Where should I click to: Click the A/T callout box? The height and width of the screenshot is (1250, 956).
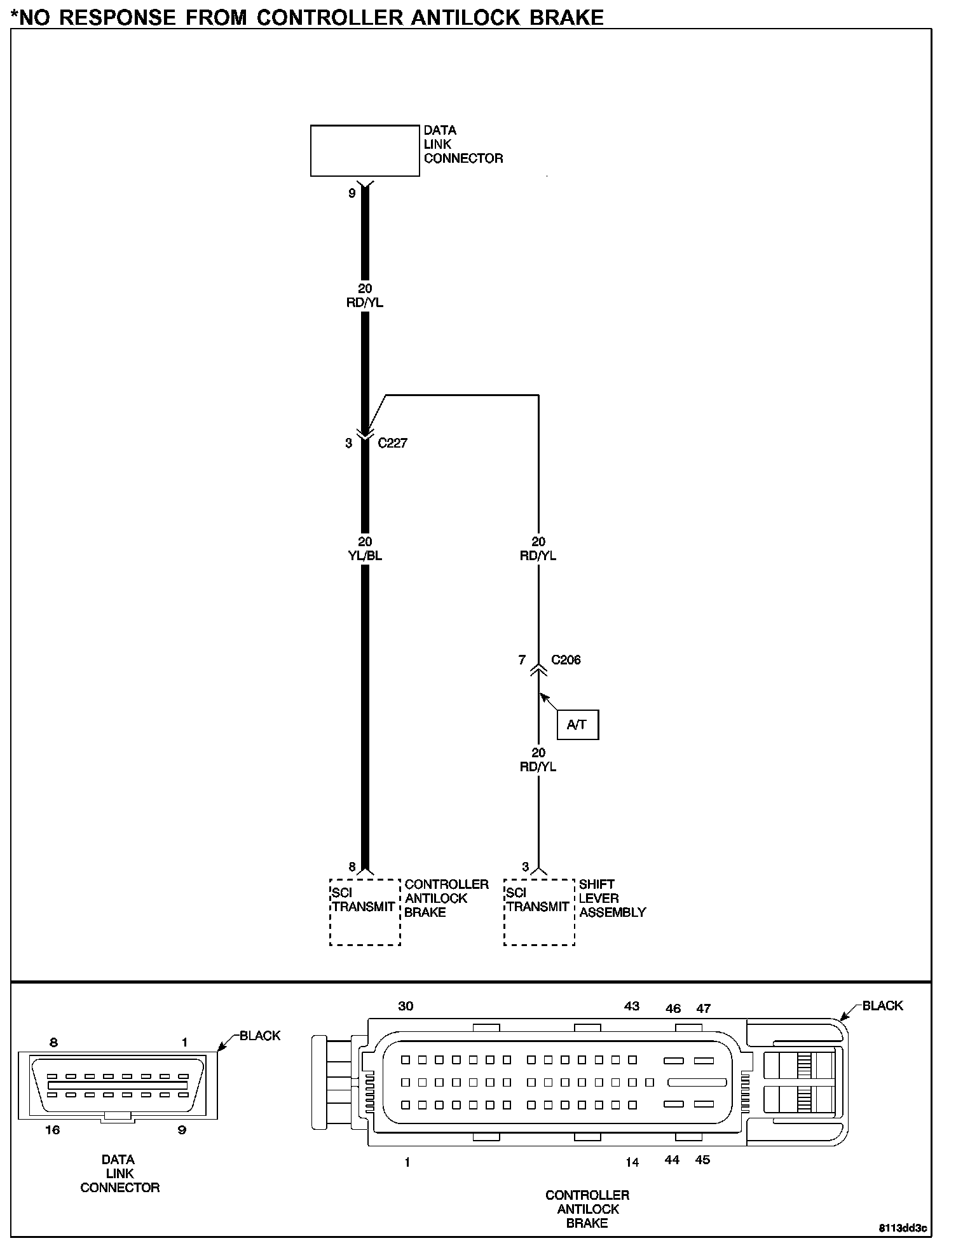tap(577, 724)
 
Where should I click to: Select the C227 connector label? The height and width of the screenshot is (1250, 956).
tap(392, 443)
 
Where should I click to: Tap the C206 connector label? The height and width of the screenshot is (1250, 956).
tap(566, 660)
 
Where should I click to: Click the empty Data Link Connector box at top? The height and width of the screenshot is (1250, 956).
tap(365, 151)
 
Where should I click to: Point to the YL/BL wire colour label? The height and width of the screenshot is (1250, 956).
tap(365, 556)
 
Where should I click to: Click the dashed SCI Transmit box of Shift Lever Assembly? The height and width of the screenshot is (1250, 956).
tap(539, 912)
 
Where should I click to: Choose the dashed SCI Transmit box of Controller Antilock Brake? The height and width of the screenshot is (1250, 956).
tap(365, 912)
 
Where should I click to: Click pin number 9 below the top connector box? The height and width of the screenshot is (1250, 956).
tap(352, 193)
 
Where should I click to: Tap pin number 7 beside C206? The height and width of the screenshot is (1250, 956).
tap(522, 660)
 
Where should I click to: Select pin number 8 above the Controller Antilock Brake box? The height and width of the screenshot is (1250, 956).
tap(352, 867)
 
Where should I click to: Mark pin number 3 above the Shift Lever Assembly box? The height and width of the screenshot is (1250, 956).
tap(526, 867)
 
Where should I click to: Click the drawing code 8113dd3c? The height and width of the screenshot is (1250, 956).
tap(903, 1228)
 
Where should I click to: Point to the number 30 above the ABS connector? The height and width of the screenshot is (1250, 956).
tap(406, 1006)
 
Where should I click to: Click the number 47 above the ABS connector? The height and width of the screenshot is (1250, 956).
tap(703, 1008)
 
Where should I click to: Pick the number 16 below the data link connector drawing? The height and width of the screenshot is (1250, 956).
tap(52, 1130)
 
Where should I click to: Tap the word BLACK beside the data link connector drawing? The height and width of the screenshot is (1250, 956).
tap(260, 1036)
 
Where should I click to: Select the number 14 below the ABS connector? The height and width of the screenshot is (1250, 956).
tap(632, 1162)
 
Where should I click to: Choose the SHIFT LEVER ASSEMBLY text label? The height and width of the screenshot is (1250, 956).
tap(612, 898)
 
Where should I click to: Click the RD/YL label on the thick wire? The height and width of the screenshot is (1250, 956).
tap(365, 303)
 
